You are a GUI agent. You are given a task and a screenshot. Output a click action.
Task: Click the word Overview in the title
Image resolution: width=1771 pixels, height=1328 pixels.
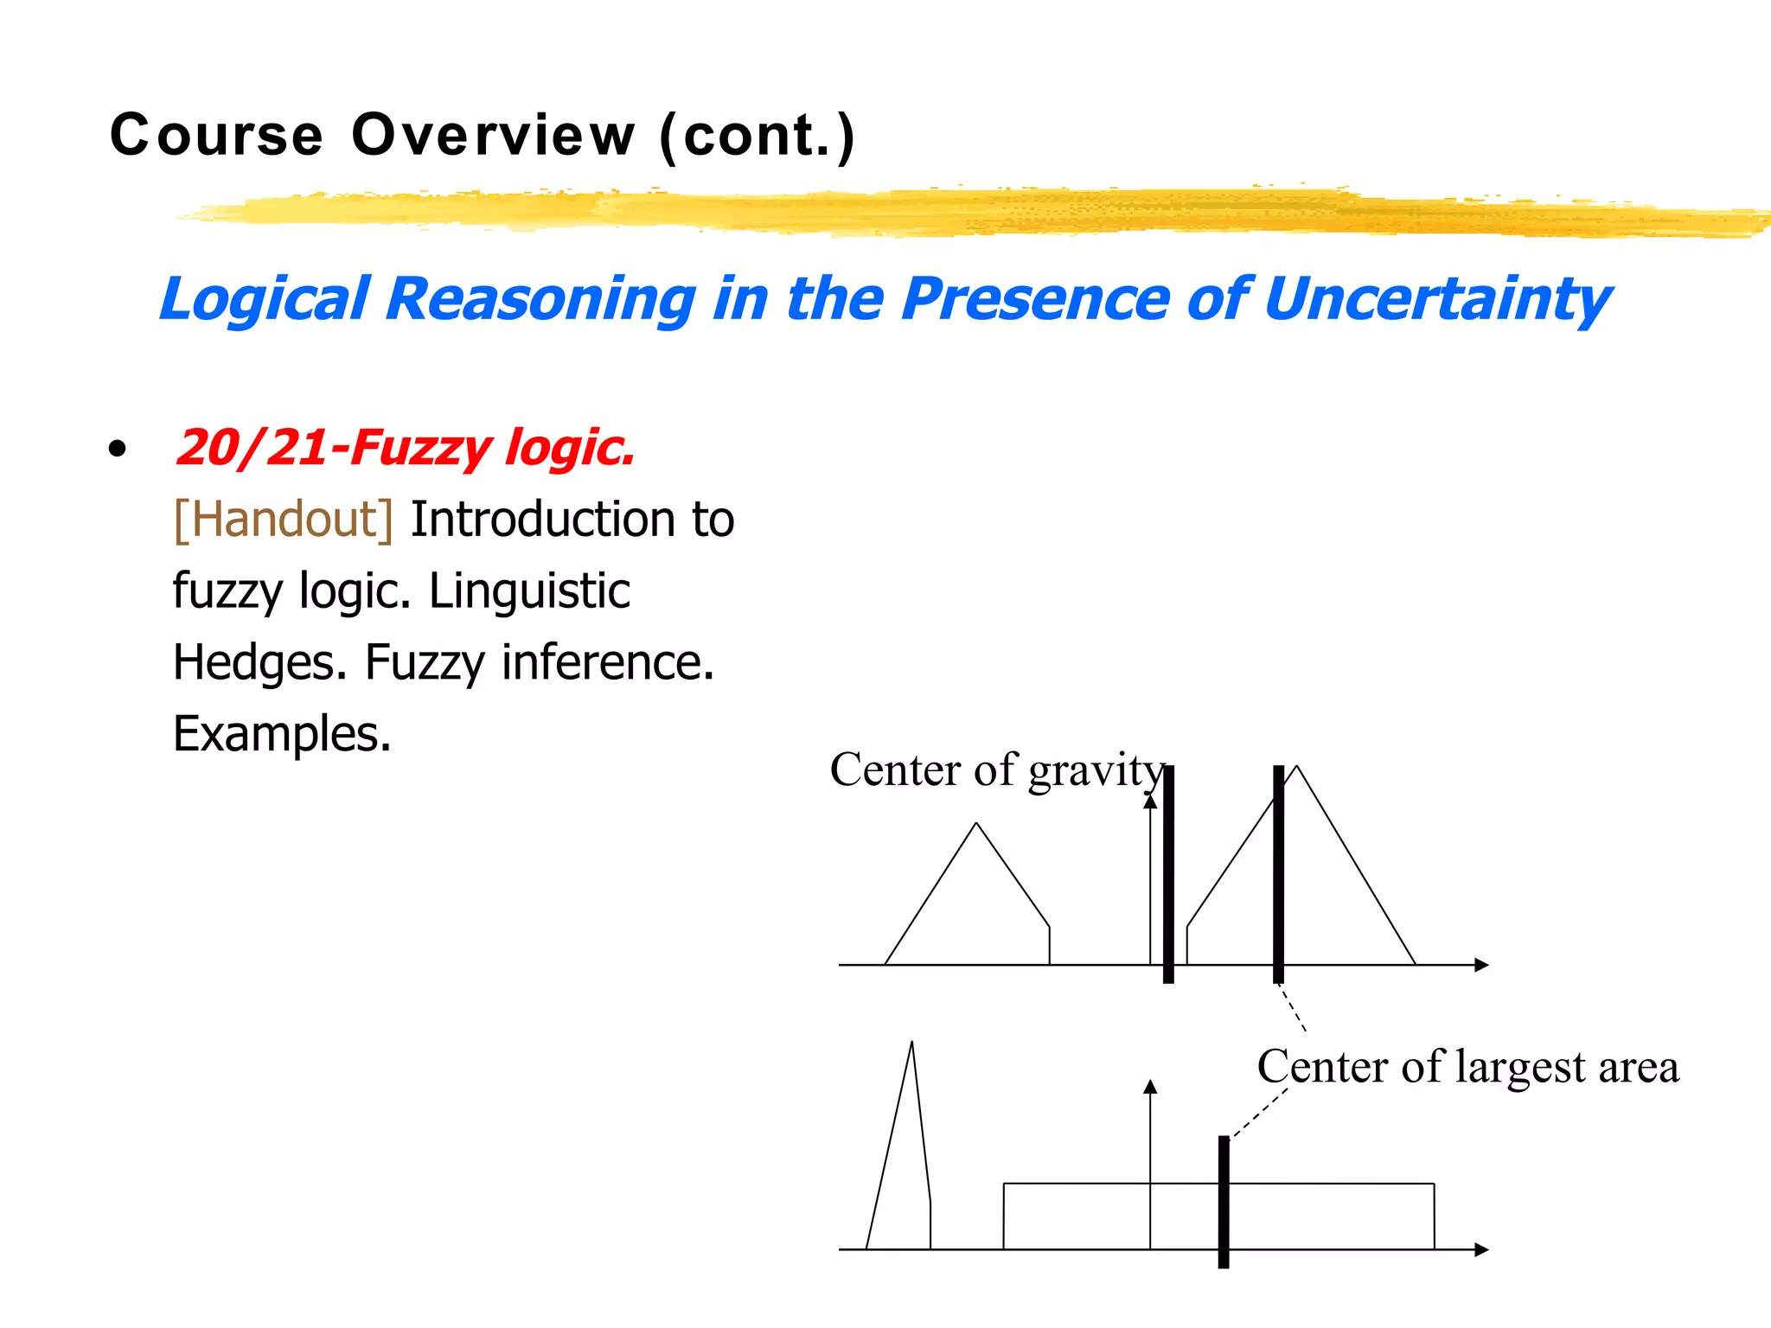coord(493,136)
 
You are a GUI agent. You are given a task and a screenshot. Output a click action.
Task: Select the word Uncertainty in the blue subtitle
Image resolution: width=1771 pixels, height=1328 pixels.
coord(1437,299)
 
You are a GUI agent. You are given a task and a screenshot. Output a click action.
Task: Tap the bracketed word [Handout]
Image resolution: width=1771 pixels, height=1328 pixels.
coord(284,520)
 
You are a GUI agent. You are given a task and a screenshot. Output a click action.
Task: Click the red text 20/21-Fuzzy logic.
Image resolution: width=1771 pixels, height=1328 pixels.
coord(405,448)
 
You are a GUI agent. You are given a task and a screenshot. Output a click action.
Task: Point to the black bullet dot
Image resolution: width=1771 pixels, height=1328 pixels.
coord(118,449)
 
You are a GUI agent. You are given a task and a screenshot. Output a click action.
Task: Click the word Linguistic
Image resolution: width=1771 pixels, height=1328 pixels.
coord(529,591)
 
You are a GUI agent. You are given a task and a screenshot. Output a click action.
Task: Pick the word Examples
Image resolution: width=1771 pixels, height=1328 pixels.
coord(282,734)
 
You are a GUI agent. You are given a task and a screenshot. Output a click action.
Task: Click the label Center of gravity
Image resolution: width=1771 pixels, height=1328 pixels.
coord(997,769)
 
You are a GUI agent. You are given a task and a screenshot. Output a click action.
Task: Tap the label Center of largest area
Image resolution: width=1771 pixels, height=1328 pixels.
coord(1467,1066)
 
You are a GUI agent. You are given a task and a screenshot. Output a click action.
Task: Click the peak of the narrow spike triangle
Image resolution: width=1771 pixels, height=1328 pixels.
coord(911,1044)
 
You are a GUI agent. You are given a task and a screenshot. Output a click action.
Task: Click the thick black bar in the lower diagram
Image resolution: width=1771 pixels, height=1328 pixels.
coord(1224,1202)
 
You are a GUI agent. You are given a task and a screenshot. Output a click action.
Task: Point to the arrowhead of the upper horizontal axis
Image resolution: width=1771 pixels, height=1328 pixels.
coord(1482,965)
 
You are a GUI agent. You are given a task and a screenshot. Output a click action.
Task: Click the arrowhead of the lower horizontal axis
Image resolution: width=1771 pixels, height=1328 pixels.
coord(1482,1249)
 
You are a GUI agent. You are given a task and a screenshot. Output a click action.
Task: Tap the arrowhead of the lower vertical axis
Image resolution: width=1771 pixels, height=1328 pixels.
coord(1150,1086)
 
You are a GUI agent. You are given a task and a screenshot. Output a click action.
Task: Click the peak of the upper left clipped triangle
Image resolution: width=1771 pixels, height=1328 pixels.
coord(976,824)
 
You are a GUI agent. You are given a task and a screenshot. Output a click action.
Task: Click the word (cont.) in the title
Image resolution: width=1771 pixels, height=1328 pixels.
coord(758,136)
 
